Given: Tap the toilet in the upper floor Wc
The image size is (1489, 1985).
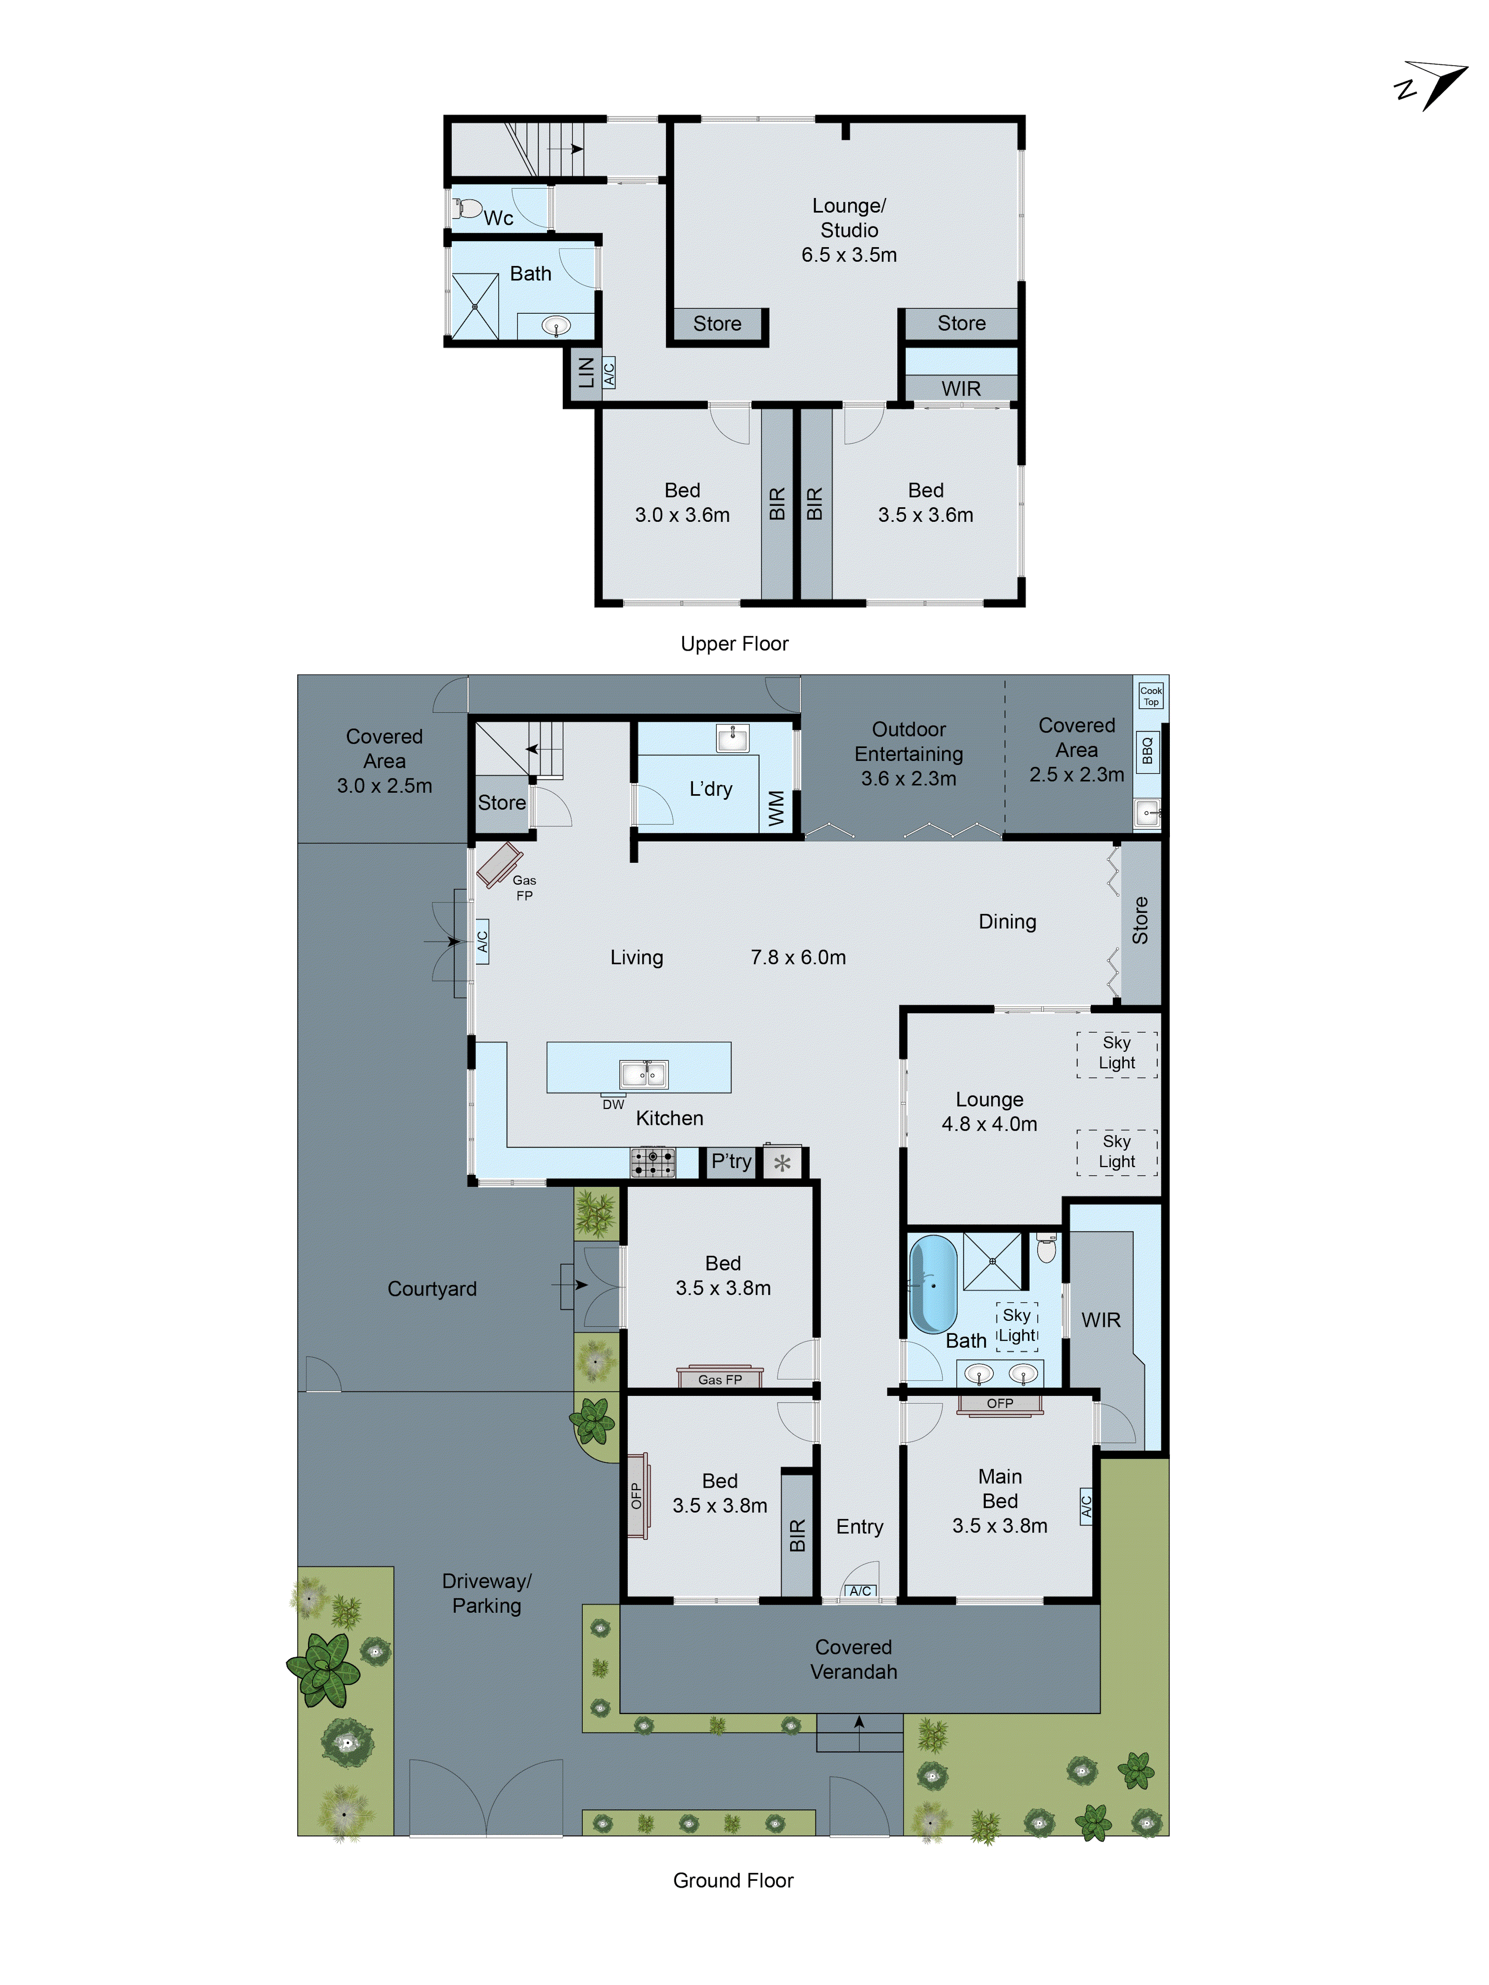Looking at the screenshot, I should tap(466, 209).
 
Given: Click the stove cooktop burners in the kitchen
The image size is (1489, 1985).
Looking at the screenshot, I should tap(653, 1162).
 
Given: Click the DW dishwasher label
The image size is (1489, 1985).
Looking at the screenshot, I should tap(613, 1104).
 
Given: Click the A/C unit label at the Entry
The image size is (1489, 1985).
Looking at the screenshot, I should tap(860, 1591).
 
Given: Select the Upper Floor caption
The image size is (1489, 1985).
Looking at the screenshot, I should tap(734, 643).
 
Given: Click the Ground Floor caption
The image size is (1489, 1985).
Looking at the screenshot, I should tap(733, 1880).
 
